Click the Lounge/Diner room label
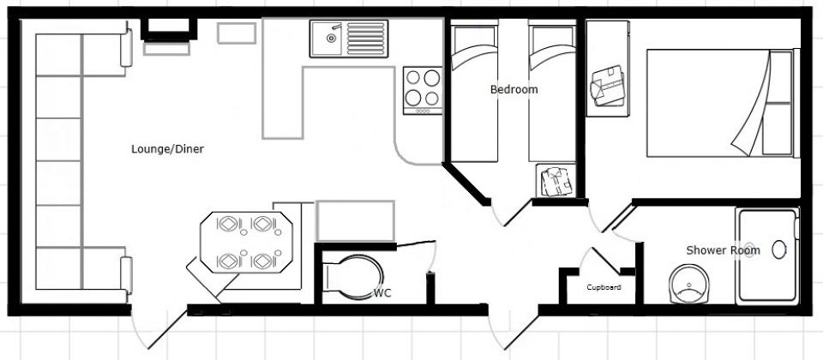[167, 149]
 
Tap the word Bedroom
[514, 89]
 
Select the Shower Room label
[723, 250]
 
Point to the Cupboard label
[604, 288]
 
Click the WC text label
[382, 293]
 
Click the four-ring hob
[423, 90]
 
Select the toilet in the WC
[354, 278]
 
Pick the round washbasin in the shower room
[688, 284]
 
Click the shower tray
[766, 255]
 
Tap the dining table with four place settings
[246, 243]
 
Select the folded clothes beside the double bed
[607, 86]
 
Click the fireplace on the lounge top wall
[169, 31]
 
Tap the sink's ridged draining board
[365, 39]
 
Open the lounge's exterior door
[157, 327]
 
